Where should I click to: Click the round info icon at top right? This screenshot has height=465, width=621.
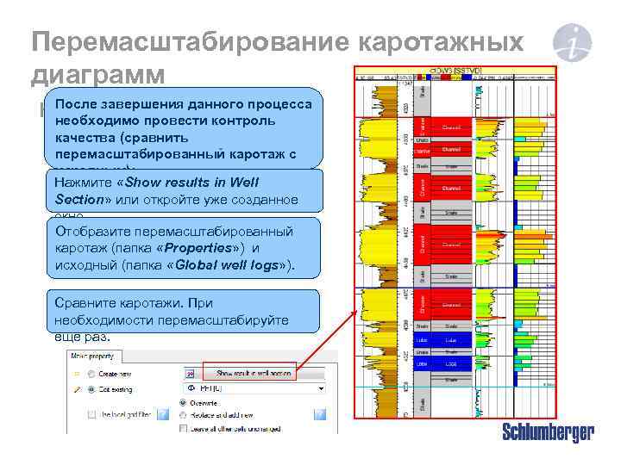(573, 43)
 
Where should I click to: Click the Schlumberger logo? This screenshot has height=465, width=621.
(548, 433)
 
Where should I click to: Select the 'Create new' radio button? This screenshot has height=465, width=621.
(88, 375)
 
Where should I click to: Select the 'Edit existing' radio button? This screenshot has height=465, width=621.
(88, 389)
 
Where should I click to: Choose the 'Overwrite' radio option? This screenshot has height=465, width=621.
(184, 401)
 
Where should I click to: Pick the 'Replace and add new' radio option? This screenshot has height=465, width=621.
(184, 414)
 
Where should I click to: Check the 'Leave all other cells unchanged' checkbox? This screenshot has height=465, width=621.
(184, 427)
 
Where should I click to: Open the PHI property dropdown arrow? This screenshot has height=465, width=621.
(320, 389)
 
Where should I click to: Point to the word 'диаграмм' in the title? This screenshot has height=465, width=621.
(97, 74)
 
